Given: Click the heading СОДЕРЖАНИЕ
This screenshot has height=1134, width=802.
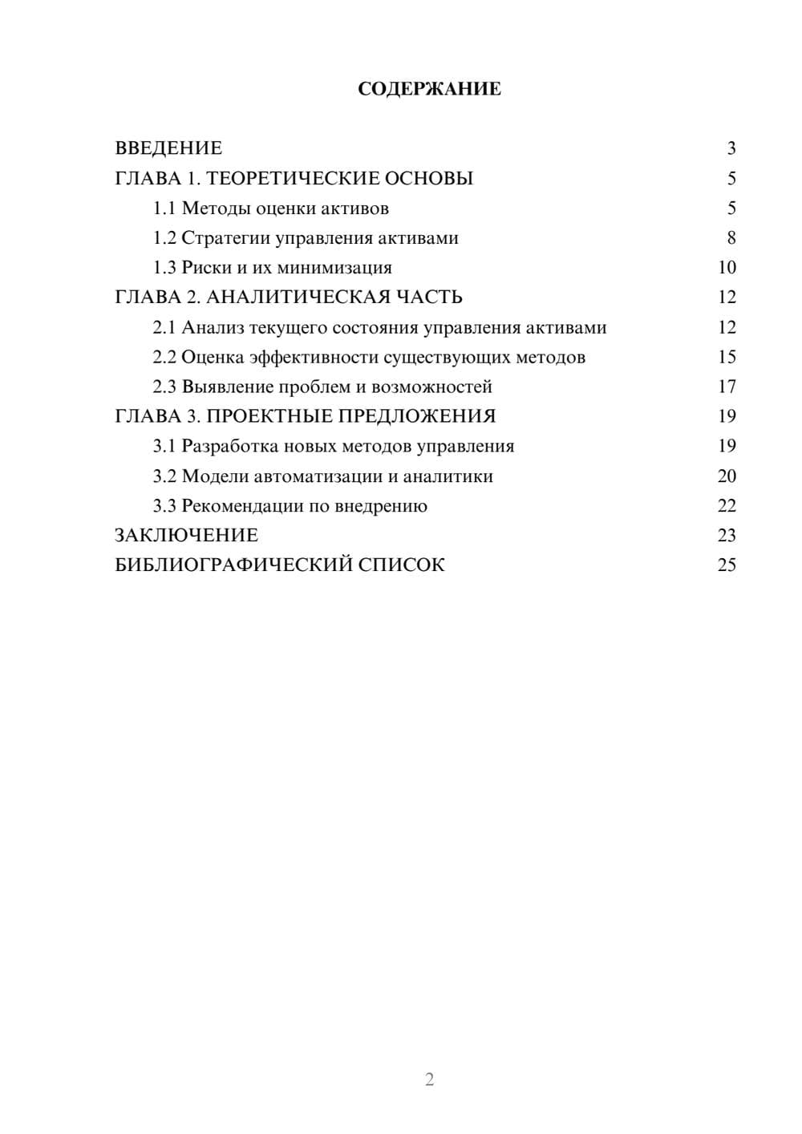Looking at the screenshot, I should (x=429, y=89).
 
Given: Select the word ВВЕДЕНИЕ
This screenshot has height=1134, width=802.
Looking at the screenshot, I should (x=168, y=148).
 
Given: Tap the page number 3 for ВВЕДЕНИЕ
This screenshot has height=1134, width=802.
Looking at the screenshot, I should (x=731, y=148).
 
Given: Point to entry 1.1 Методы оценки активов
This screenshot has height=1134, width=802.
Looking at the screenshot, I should (x=271, y=209).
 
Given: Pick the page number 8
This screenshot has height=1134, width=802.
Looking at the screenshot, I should (x=731, y=238).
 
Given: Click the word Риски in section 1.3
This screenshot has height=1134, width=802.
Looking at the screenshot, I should (x=206, y=268).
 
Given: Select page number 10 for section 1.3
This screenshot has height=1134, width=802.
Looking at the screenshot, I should (x=727, y=268).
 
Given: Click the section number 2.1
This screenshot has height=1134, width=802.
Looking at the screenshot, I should (x=164, y=328).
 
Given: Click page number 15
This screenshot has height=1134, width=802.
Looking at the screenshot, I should (x=727, y=358).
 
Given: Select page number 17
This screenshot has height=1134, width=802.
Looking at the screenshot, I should (x=727, y=387).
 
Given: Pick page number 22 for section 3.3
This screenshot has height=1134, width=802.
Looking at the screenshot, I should (x=727, y=506).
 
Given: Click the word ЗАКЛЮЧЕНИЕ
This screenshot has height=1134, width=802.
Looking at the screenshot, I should (x=186, y=536).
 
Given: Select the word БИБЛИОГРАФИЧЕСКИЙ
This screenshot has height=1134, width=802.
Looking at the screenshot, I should (x=233, y=565).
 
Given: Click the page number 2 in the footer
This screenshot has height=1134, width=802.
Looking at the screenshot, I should (x=429, y=1079).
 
